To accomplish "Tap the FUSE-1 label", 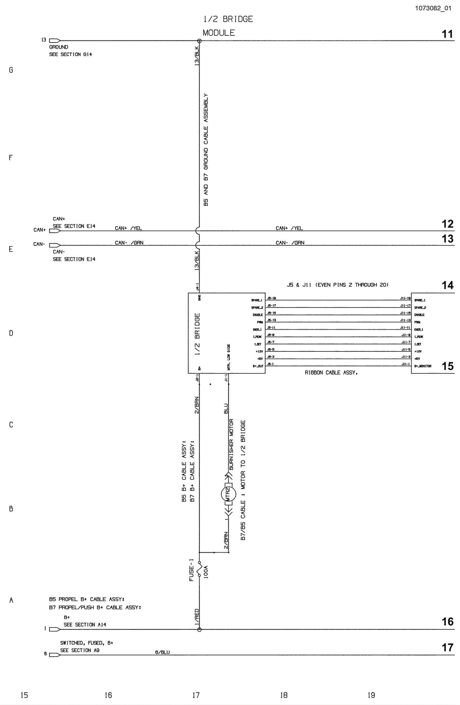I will point(191,570).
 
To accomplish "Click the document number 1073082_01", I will point(433,8).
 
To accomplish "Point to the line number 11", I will point(447,34).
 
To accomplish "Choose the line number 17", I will point(447,647).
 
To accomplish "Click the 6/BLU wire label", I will point(162,652).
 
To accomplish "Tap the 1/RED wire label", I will point(197,617).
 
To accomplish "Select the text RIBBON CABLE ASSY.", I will point(331,373).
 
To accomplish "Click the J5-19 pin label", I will point(271,298).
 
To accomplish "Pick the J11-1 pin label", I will point(405,364).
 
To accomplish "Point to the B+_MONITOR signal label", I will point(422,366).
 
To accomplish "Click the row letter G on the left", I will point(11,70).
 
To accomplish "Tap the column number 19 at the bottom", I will point(371,695).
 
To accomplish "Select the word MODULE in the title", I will point(219,33).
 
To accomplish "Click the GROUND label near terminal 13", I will point(59,47).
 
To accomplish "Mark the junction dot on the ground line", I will point(199,41).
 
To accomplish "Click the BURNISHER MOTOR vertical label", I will point(231,444).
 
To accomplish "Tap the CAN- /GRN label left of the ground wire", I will point(129,243).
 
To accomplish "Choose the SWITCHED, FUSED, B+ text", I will point(87,643).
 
